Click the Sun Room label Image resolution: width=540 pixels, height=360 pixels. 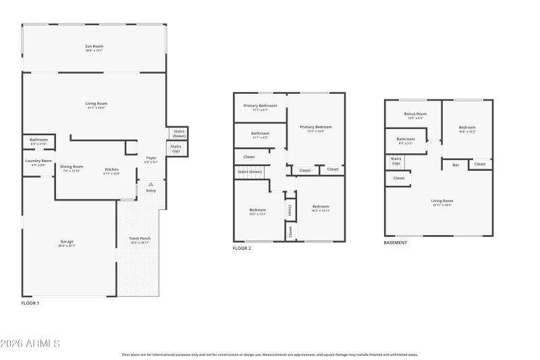(94, 46)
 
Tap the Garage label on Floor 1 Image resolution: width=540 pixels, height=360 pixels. (67, 241)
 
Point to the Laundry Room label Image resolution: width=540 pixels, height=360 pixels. (38, 161)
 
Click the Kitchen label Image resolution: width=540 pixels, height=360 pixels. (111, 169)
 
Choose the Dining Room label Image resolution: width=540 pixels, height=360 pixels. (72, 166)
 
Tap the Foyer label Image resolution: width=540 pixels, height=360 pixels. (151, 158)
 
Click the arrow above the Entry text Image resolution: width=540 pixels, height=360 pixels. (151, 184)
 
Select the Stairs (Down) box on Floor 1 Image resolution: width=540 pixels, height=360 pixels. (179, 133)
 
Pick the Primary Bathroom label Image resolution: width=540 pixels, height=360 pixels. (260, 106)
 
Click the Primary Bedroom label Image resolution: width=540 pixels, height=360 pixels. (316, 127)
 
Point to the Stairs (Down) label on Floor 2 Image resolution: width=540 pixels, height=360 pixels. (249, 172)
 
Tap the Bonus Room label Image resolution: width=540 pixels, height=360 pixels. (415, 114)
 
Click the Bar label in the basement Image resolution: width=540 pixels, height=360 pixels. (456, 165)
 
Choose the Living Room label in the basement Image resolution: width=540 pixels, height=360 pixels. (442, 201)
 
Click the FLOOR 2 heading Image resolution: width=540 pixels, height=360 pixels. (242, 249)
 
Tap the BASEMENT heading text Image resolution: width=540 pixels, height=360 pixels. (396, 242)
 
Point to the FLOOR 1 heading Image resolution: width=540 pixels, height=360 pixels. (30, 303)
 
